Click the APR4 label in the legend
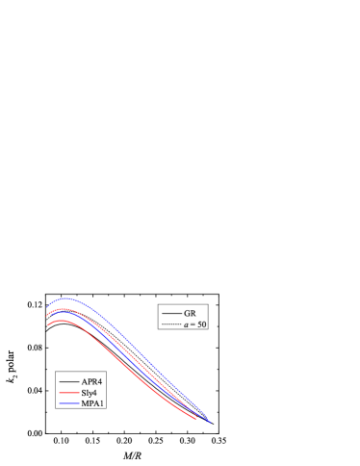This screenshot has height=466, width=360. [x=91, y=382]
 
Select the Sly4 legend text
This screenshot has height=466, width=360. [x=90, y=393]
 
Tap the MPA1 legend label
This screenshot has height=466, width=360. [x=91, y=403]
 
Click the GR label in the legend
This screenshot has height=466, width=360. [x=191, y=314]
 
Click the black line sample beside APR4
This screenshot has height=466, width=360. [x=68, y=382]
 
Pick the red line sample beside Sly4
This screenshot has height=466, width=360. [x=68, y=393]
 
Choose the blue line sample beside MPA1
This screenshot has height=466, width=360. [x=68, y=403]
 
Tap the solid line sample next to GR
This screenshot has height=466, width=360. [x=172, y=314]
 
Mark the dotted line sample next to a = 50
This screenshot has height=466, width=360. [x=172, y=324]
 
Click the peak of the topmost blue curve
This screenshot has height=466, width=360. [x=64, y=298]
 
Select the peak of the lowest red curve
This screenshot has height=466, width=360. [x=61, y=320]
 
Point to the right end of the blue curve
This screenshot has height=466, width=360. [x=210, y=422]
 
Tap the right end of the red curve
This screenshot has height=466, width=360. [x=196, y=419]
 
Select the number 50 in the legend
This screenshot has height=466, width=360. [x=202, y=324]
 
